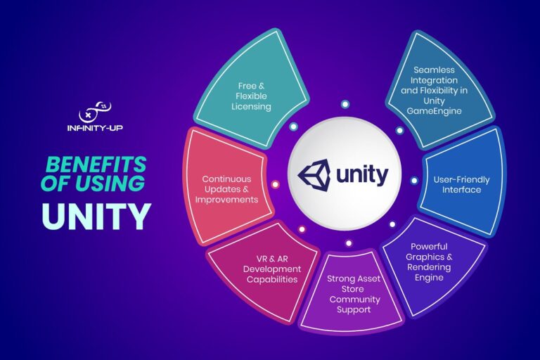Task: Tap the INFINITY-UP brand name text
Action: [96, 129]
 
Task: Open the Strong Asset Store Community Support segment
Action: [354, 294]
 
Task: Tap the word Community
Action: [354, 299]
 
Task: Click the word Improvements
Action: [226, 199]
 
